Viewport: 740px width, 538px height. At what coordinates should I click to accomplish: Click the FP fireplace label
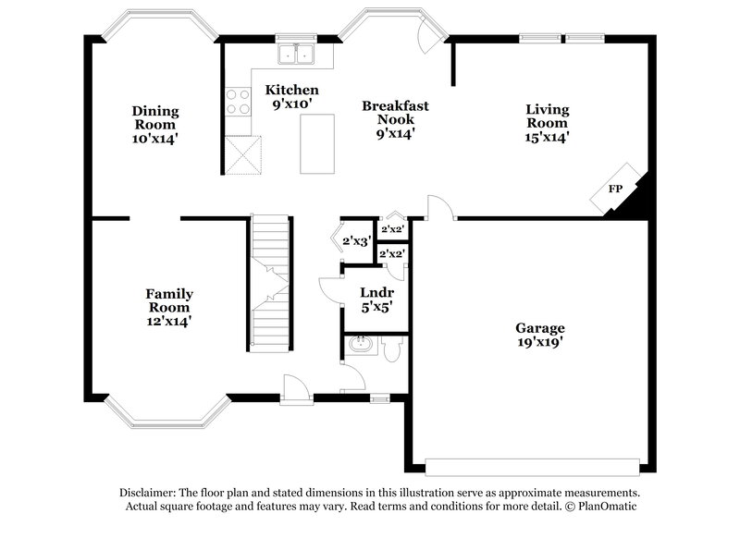[614, 189]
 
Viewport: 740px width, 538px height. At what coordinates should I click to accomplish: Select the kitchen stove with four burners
[237, 99]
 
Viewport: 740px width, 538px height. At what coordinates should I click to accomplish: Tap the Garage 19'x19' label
[540, 335]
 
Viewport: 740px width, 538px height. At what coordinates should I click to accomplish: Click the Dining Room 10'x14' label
[154, 124]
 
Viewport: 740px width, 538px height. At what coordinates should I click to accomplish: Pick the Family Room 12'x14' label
[169, 307]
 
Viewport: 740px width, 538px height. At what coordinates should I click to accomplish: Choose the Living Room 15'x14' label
[547, 123]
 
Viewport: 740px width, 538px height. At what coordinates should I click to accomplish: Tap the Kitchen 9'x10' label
[292, 97]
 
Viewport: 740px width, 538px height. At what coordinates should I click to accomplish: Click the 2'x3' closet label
[357, 241]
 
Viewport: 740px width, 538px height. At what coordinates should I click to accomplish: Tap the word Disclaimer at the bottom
[149, 493]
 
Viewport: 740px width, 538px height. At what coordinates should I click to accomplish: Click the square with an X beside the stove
[243, 154]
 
